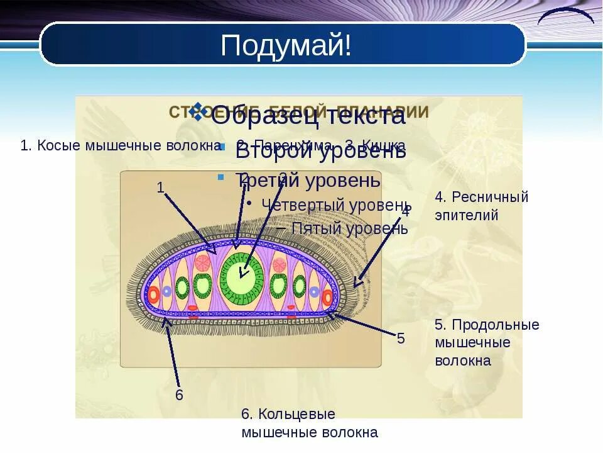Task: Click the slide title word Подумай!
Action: [x=286, y=45]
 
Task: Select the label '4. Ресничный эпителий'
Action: [x=481, y=206]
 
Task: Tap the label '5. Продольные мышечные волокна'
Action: [x=487, y=342]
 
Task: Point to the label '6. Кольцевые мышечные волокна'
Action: [x=309, y=423]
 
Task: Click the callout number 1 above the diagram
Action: [x=160, y=187]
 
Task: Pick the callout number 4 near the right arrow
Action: [x=406, y=211]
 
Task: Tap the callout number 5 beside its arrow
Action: [x=401, y=338]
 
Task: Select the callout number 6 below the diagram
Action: [x=179, y=395]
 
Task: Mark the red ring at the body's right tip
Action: [x=327, y=297]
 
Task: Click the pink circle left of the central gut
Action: [x=202, y=262]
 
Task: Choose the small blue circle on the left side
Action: [x=166, y=291]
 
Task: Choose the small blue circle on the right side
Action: [x=314, y=291]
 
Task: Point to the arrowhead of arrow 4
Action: [x=356, y=285]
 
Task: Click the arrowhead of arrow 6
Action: [x=165, y=320]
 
